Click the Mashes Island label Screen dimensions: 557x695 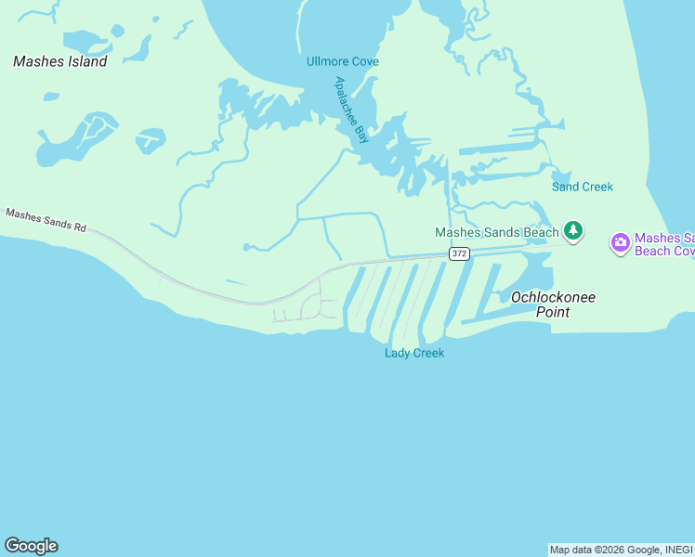(60, 61)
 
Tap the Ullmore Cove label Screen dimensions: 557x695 (343, 62)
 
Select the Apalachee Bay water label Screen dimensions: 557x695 (352, 110)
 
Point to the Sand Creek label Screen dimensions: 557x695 (583, 187)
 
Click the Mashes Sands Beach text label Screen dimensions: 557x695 (497, 232)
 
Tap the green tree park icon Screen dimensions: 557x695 (573, 231)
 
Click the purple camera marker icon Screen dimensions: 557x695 (620, 243)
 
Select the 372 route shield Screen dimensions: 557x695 (459, 253)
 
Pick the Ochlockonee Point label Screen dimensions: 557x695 (554, 304)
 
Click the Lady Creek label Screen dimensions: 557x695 (414, 353)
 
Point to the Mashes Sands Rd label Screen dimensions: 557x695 (46, 220)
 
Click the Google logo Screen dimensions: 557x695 (31, 546)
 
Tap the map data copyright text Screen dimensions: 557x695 (621, 551)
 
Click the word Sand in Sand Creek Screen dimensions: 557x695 (567, 187)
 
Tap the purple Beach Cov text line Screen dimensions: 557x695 (664, 252)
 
